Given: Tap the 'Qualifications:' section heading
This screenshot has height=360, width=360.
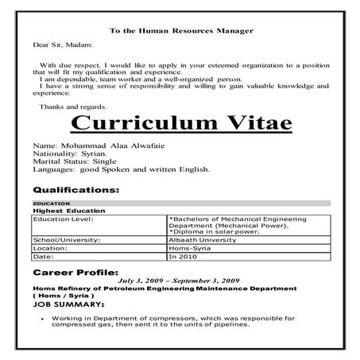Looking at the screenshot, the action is (x=76, y=191).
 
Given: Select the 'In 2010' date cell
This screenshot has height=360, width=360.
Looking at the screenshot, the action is (x=184, y=257).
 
